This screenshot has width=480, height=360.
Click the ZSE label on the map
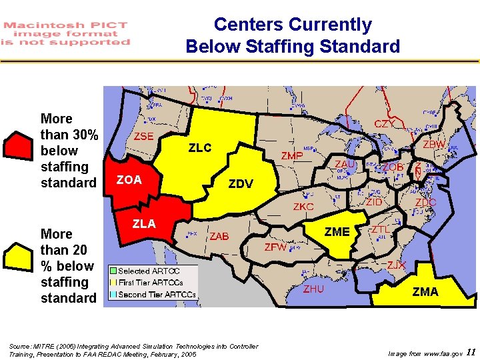click(x=144, y=136)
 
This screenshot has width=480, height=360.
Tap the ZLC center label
click(x=199, y=148)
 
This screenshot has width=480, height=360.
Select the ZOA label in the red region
click(x=129, y=179)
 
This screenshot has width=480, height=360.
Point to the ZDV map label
click(x=241, y=184)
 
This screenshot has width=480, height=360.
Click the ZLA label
click(x=144, y=223)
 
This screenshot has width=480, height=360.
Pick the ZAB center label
click(x=219, y=237)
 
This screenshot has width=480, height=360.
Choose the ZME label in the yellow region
click(x=337, y=232)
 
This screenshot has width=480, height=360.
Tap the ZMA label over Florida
click(x=425, y=291)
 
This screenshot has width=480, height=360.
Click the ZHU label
click(x=313, y=289)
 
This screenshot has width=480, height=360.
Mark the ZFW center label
click(x=275, y=247)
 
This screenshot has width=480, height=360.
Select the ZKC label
click(x=303, y=207)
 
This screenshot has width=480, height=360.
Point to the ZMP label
click(x=292, y=156)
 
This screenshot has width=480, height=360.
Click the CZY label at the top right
click(x=383, y=124)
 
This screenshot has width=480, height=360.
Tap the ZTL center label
click(x=381, y=229)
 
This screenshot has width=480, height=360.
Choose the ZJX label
click(x=397, y=265)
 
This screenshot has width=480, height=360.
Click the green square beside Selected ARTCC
click(x=113, y=271)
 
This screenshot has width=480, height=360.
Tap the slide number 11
click(x=471, y=352)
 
